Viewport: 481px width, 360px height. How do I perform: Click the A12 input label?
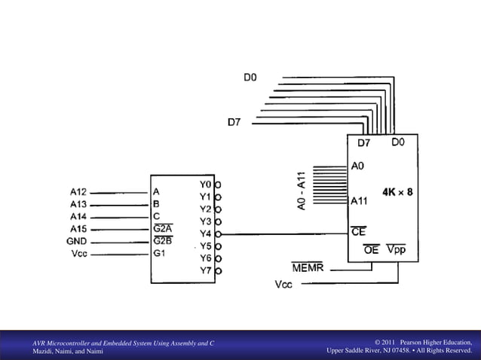tap(78, 192)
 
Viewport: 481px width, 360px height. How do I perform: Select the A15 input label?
tap(78, 229)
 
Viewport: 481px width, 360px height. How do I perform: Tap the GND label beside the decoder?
tap(77, 242)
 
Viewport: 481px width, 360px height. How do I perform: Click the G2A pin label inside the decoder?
tap(162, 228)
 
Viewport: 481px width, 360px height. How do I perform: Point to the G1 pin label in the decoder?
tap(159, 253)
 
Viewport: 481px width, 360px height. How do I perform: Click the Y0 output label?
tap(205, 184)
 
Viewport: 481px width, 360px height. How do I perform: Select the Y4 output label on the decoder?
tap(205, 233)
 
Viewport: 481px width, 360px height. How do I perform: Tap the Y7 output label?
tap(205, 270)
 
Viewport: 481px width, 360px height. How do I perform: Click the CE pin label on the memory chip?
tap(359, 232)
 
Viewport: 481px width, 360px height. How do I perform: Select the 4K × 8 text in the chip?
tap(397, 192)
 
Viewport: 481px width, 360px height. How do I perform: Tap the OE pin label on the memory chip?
tap(372, 249)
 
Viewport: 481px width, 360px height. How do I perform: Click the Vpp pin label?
tap(396, 249)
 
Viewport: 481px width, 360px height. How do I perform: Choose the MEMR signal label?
tap(307, 267)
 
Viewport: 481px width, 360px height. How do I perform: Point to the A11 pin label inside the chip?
tap(359, 201)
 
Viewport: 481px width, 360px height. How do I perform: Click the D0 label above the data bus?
tap(250, 77)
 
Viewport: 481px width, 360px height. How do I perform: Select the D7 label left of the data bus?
tap(234, 121)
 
